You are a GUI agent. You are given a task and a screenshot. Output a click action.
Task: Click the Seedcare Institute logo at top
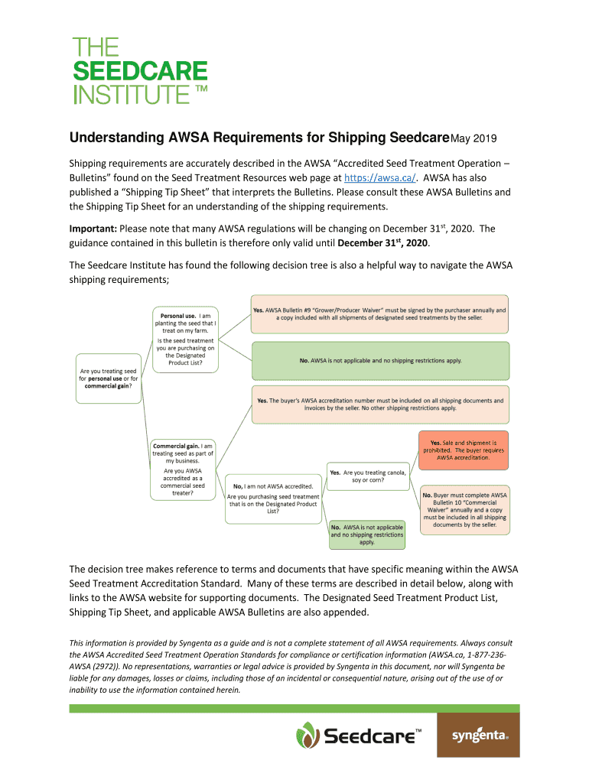tap(140, 71)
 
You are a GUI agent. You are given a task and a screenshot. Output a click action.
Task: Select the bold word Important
tap(93, 228)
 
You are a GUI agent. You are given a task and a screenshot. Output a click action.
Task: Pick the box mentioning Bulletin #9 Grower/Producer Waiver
tap(379, 314)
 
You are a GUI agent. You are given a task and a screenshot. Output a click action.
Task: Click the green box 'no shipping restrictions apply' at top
tap(379, 360)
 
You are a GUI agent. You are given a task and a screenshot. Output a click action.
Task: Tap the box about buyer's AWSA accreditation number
tap(379, 404)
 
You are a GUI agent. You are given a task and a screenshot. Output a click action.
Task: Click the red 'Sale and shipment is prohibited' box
tap(463, 450)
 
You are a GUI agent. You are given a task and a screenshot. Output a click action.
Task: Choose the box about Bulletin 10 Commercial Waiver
tap(464, 509)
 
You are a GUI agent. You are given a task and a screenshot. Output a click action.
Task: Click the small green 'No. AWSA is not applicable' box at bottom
tap(367, 535)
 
